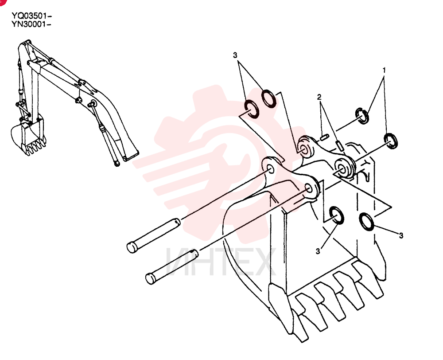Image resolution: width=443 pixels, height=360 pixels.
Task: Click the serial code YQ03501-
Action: click(31, 15)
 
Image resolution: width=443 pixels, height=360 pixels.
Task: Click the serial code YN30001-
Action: click(31, 24)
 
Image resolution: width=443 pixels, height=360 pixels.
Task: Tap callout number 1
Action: click(384, 70)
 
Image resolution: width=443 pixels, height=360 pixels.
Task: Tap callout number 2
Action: click(319, 97)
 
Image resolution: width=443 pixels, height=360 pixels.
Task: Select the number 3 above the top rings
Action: click(235, 55)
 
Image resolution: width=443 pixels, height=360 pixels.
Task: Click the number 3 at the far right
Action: click(401, 235)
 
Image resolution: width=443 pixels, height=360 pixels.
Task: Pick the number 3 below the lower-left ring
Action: click(318, 251)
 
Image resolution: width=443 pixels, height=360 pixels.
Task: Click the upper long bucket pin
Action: click(153, 235)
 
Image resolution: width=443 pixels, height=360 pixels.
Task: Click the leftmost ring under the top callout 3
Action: click(251, 109)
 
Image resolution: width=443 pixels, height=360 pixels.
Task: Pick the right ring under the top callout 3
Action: click(268, 99)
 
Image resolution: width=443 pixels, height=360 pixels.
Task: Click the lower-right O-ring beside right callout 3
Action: click(366, 221)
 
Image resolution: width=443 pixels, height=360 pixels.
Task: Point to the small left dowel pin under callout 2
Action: click(324, 138)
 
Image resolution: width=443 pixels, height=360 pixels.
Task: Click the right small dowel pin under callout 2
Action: click(340, 145)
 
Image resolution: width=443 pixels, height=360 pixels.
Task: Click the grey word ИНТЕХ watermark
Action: click(220, 261)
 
